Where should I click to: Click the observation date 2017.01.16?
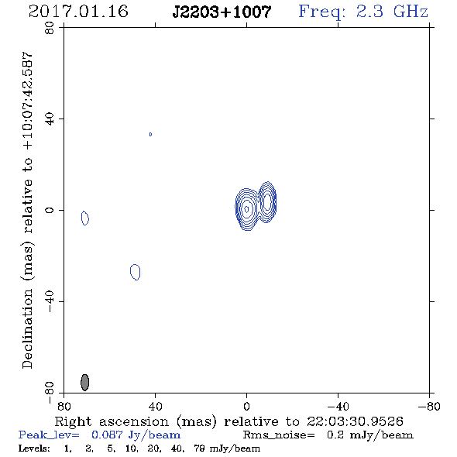pos(78,12)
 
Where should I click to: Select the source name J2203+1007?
pos(222,12)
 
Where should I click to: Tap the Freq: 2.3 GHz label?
pos(363,12)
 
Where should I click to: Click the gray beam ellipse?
pos(84,382)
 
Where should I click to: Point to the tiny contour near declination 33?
pos(150,134)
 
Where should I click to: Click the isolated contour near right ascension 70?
pos(84,218)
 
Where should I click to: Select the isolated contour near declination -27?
pos(135,272)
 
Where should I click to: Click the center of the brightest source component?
pos(246,209)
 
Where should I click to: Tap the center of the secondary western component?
pos(267,201)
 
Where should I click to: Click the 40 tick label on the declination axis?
pos(50,119)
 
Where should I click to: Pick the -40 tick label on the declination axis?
pos(50,301)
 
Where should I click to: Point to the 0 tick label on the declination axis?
pos(50,210)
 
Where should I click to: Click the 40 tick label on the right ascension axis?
pos(155,406)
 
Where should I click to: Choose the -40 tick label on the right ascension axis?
pos(338,406)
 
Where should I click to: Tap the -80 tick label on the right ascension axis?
pos(429,406)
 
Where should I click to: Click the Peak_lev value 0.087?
pos(107,435)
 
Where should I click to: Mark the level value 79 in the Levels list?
pos(199,448)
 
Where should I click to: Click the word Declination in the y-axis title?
pos(27,328)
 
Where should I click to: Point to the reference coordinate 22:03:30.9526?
pos(355,421)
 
